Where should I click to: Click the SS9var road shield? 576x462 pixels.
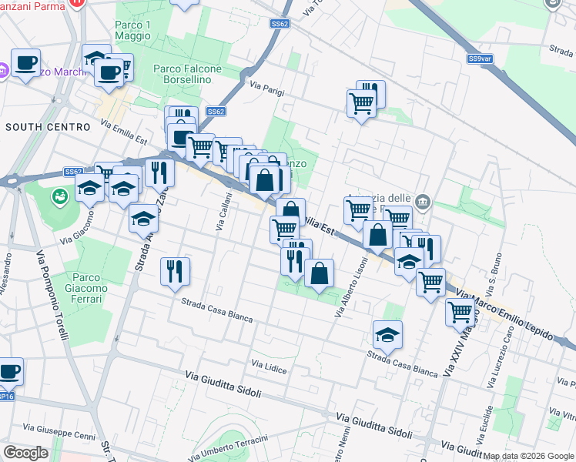tap(480, 59)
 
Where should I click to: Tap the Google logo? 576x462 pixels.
tap(25, 453)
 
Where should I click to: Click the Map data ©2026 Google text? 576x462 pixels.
tap(528, 456)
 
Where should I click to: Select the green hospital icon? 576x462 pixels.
tap(59, 197)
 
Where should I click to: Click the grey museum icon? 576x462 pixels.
tap(423, 203)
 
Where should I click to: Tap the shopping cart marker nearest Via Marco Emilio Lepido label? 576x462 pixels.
tap(460, 312)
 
